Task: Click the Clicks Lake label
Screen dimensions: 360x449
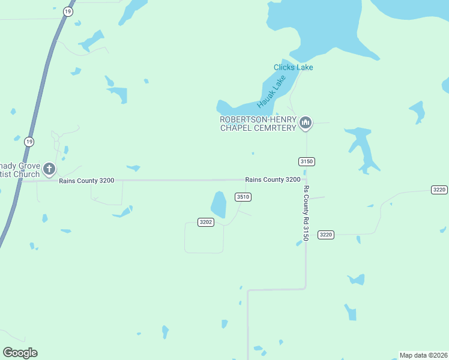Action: [293, 67]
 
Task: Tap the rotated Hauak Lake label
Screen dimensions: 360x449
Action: [272, 89]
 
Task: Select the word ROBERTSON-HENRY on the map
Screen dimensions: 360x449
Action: [258, 119]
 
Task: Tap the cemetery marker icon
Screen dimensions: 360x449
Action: [306, 123]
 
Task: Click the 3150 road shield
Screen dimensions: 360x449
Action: [306, 161]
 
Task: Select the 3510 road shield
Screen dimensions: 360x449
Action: [243, 197]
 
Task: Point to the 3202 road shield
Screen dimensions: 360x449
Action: [206, 222]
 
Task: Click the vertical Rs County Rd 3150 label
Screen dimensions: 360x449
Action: [306, 213]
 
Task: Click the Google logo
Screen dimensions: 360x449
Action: [20, 353]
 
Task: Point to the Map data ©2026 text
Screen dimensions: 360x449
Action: [423, 355]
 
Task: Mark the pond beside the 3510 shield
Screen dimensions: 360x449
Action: [218, 205]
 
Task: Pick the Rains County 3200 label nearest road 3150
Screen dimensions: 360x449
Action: [273, 179]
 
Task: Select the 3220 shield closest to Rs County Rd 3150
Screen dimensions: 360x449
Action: [326, 235]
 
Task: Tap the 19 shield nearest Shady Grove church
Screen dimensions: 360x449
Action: [29, 142]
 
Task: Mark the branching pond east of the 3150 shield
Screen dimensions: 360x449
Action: [361, 147]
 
